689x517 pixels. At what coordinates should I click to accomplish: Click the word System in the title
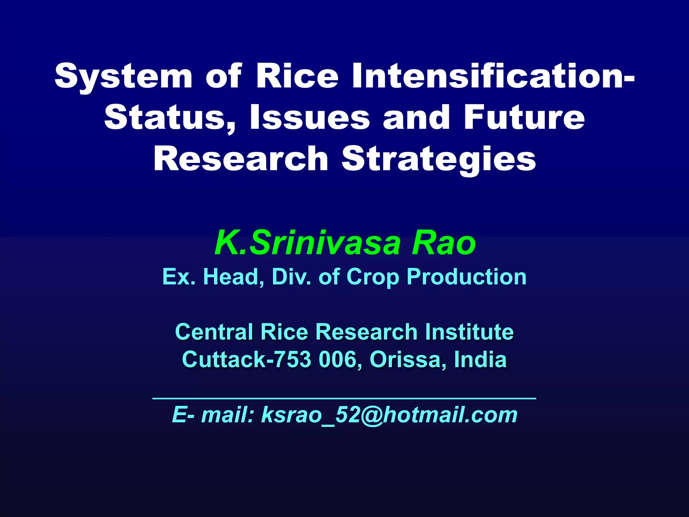(123, 76)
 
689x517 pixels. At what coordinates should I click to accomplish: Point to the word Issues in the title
(310, 117)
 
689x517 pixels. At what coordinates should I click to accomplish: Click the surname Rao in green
(444, 243)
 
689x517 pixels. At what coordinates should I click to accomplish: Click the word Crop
(373, 277)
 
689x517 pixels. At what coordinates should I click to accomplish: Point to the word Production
(466, 277)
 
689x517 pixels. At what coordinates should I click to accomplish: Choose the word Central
(214, 332)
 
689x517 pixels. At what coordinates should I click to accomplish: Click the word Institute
(469, 332)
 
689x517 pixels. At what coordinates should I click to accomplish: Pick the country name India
(480, 359)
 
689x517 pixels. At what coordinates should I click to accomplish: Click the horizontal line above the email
(344, 399)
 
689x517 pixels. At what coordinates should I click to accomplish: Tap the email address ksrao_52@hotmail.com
(389, 415)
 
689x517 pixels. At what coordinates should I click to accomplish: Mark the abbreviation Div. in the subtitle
(291, 277)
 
